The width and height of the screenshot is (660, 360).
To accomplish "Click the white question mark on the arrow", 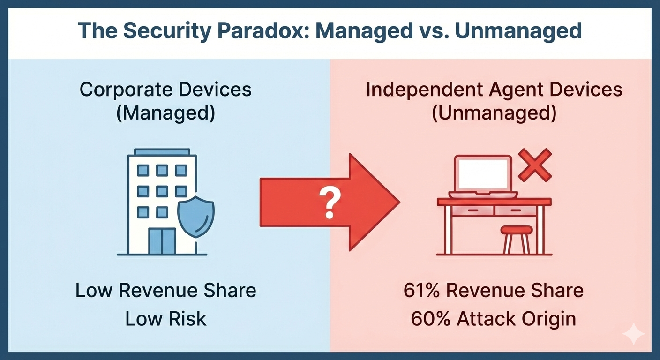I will point(330,202).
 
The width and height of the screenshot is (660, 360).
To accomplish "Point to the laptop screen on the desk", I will point(483,174).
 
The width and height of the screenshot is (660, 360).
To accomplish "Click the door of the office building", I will point(162,242).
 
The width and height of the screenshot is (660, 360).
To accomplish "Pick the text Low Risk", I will point(165,319).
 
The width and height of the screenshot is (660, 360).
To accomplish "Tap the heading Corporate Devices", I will point(165,90).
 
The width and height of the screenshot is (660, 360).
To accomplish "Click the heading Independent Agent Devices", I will point(494,90).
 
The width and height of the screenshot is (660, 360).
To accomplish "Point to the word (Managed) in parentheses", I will point(165,114).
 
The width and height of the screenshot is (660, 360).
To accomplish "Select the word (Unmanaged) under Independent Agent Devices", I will point(494,114).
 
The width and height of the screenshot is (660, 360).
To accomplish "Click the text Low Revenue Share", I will point(165,291).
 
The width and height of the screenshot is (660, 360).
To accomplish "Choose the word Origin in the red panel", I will point(548,319).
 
